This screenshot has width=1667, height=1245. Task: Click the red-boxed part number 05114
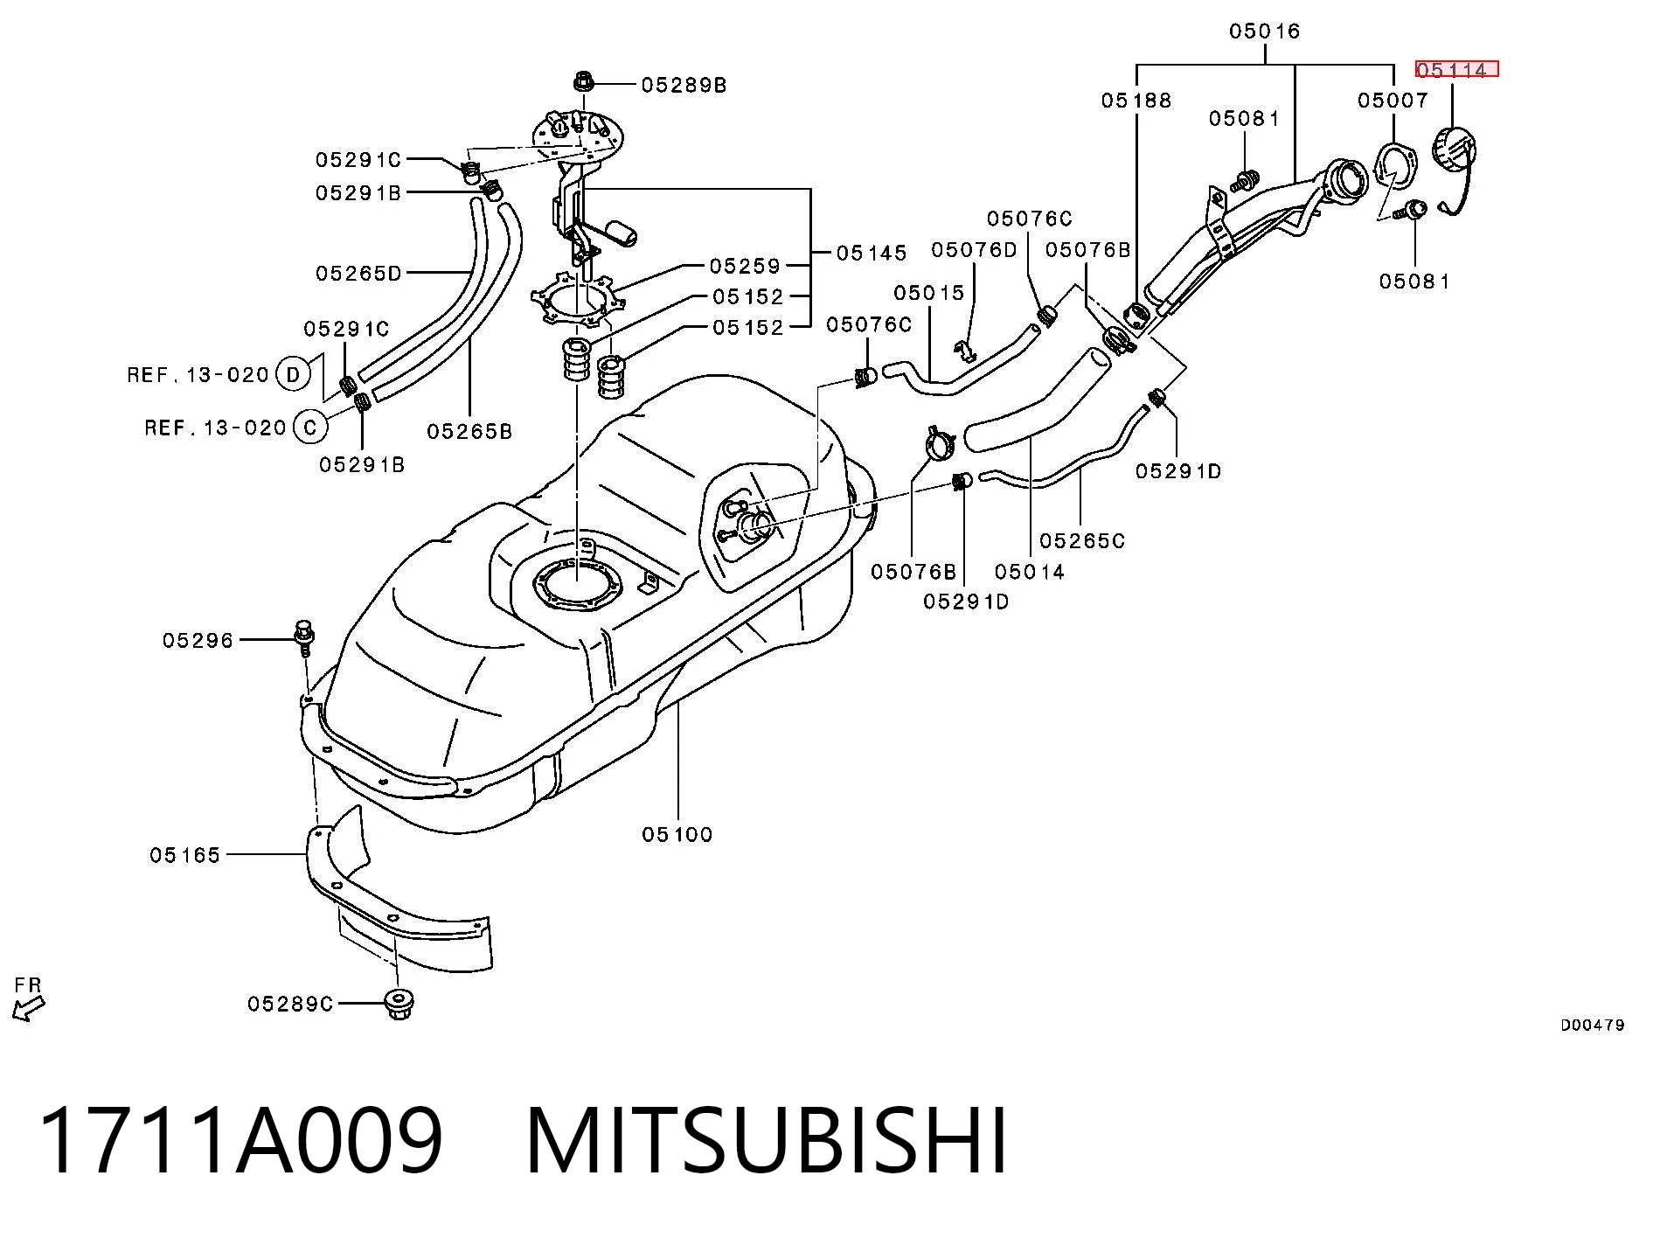(x=1455, y=69)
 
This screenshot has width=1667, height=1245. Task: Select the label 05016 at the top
(x=1264, y=31)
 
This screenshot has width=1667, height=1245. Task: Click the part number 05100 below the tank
(x=677, y=834)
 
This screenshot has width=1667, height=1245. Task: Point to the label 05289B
(x=684, y=85)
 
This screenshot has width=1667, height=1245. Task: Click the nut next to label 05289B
(x=584, y=83)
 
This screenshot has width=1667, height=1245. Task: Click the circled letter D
(x=293, y=374)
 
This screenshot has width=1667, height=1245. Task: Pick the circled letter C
(x=310, y=428)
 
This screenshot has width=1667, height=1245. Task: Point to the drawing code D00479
(x=1593, y=1025)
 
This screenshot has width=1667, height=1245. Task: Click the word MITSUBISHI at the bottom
(x=767, y=1141)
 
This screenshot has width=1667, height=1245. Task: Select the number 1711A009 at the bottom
(x=242, y=1141)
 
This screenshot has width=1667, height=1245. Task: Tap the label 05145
(x=872, y=253)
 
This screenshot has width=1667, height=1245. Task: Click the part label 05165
(x=185, y=855)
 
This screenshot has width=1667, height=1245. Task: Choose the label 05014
(x=1030, y=572)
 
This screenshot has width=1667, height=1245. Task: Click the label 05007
(x=1393, y=101)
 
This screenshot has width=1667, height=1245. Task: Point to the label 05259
(x=745, y=265)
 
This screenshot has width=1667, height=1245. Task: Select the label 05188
(x=1136, y=101)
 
